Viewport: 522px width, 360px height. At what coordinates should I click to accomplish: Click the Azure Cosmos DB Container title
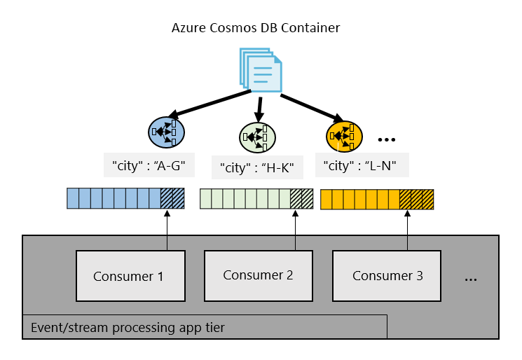[x=256, y=27]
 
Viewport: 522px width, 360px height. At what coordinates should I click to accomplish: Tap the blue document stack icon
[x=261, y=70]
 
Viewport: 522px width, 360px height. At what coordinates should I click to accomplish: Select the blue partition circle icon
[x=166, y=132]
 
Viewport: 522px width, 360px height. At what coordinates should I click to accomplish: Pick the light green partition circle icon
[x=257, y=137]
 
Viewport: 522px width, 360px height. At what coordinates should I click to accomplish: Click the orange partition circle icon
[x=344, y=137]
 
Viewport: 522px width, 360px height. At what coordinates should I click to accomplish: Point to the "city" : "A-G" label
[x=149, y=165]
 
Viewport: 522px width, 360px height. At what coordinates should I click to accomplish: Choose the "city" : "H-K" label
[x=257, y=167]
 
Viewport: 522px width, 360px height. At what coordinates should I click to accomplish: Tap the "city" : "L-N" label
[x=362, y=165]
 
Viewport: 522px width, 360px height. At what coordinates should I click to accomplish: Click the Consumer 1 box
[x=130, y=276]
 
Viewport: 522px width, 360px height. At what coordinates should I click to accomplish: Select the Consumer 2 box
[x=259, y=276]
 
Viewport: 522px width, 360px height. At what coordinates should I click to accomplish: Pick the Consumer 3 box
[x=387, y=276]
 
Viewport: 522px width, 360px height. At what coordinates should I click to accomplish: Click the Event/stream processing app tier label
[x=128, y=327]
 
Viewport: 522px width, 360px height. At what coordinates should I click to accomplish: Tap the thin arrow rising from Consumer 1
[x=167, y=230]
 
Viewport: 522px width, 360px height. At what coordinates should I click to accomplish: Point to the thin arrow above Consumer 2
[x=295, y=230]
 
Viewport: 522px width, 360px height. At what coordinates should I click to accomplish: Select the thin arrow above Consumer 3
[x=407, y=230]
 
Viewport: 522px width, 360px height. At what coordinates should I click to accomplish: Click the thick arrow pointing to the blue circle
[x=210, y=104]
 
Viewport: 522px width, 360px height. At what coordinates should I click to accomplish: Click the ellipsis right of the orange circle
[x=387, y=140]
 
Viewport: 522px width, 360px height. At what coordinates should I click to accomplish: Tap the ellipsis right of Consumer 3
[x=471, y=280]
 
